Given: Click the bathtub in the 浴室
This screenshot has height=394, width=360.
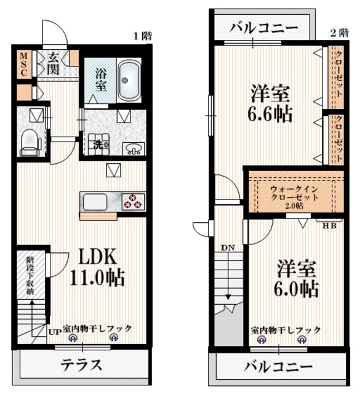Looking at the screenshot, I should pyautogui.click(x=129, y=80).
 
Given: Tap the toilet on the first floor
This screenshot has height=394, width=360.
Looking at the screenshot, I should pyautogui.click(x=30, y=142).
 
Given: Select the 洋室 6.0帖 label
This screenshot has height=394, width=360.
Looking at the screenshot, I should pyautogui.click(x=296, y=278).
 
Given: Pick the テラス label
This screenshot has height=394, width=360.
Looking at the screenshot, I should pyautogui.click(x=81, y=364).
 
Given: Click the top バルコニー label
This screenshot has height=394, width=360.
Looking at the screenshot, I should pyautogui.click(x=264, y=28).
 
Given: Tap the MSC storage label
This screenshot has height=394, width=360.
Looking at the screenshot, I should pyautogui.click(x=23, y=64).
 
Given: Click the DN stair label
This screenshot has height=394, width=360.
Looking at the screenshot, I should pyautogui.click(x=228, y=247).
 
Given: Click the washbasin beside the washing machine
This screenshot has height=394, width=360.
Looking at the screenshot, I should pyautogui.click(x=134, y=148).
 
